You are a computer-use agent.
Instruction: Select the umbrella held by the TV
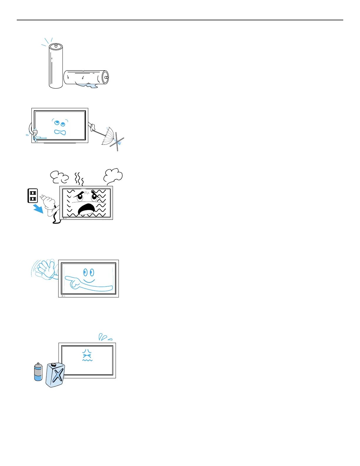(108, 136)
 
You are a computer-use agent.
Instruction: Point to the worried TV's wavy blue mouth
(60, 132)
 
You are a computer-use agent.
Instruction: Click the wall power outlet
(33, 196)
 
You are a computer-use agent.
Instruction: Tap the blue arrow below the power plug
(38, 209)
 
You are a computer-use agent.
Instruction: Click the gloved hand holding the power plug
(49, 203)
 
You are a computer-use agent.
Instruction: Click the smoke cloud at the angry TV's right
(113, 176)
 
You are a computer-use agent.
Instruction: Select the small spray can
(38, 372)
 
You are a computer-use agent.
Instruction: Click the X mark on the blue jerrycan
(58, 376)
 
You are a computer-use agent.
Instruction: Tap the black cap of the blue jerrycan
(53, 365)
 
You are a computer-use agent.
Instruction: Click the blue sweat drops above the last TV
(105, 337)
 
